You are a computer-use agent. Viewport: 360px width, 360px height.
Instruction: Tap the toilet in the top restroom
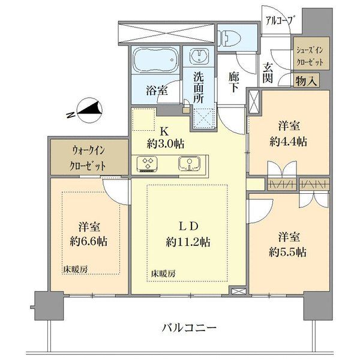pyautogui.click(x=228, y=38)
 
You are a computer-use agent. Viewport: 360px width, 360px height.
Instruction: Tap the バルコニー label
pyautogui.click(x=189, y=328)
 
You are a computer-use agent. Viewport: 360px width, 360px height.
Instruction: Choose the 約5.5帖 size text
pyautogui.click(x=289, y=252)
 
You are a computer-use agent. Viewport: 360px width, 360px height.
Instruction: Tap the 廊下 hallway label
pyautogui.click(x=235, y=82)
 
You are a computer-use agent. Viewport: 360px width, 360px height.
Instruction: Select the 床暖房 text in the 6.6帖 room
pyautogui.click(x=75, y=270)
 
